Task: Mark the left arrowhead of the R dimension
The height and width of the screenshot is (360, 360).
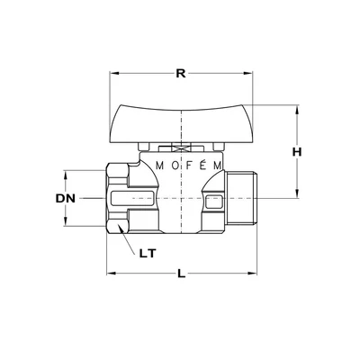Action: point(112,74)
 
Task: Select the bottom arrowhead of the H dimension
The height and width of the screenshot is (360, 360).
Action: point(295,193)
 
